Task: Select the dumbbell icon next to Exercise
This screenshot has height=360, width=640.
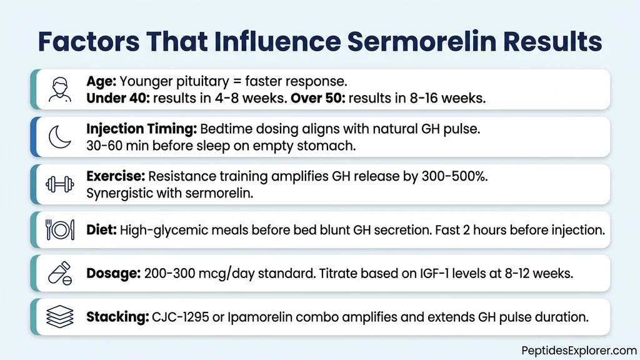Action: [60, 184]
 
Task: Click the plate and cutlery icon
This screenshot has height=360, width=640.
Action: [60, 229]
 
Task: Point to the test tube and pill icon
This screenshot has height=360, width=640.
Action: [60, 273]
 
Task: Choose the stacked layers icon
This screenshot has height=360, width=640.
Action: [60, 317]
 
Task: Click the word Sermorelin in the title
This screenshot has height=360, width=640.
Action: [416, 41]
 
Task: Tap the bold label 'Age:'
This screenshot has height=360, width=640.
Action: [101, 81]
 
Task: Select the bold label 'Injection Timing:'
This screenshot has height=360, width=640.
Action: [141, 129]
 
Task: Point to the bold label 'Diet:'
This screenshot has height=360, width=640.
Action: [101, 229]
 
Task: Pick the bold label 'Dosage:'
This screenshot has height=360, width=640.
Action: [113, 273]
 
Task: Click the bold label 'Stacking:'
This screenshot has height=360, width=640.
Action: [117, 317]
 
